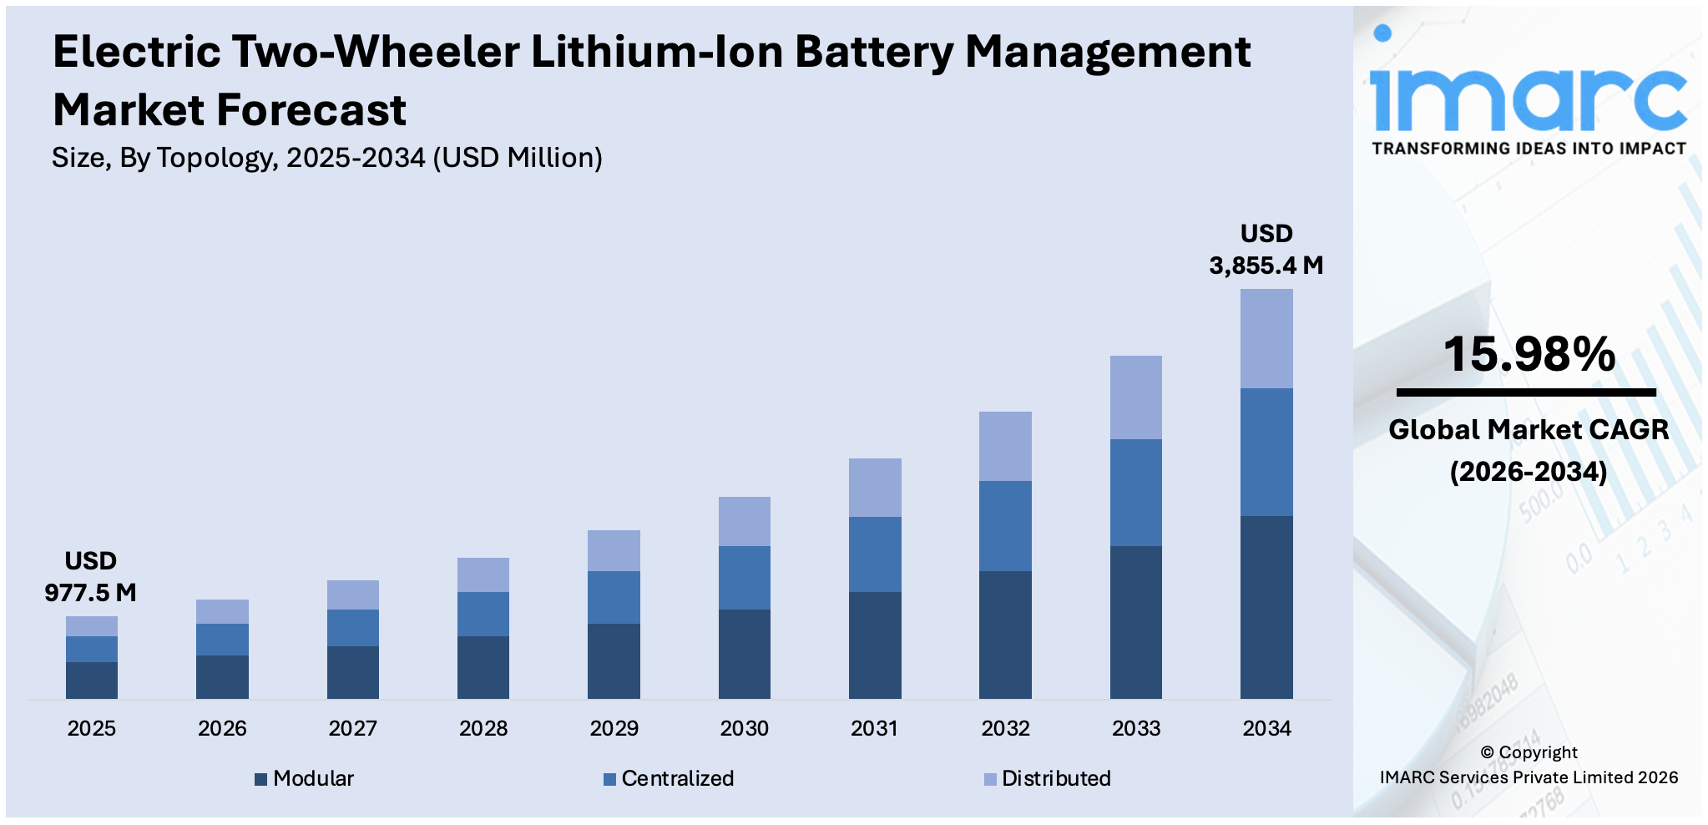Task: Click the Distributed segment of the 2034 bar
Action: click(1266, 338)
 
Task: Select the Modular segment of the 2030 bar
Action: click(744, 654)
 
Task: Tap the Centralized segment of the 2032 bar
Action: click(1005, 525)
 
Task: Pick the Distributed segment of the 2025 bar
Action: click(92, 626)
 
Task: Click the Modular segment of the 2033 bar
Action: click(1135, 622)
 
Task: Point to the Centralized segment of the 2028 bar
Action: click(483, 614)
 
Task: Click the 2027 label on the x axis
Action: click(352, 728)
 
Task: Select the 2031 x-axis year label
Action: click(874, 728)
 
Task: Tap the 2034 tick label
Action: click(1266, 728)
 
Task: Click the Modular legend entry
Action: click(305, 778)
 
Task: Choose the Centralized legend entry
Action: click(669, 778)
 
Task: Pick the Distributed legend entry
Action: click(1048, 778)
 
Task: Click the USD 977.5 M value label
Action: click(90, 577)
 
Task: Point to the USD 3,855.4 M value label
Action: click(1266, 250)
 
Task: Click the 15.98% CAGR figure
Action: click(1529, 354)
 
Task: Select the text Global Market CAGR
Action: click(1529, 429)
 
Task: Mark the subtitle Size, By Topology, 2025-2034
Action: click(326, 158)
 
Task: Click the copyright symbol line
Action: click(1529, 752)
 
